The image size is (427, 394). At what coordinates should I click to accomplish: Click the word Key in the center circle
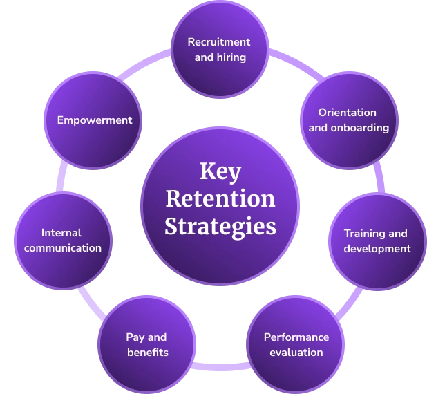220,171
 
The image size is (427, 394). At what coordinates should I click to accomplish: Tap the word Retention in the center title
220,198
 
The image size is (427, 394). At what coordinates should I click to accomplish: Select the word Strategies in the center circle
220,227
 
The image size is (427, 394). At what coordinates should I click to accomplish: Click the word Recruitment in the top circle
219,42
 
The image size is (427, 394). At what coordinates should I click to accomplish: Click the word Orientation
347,112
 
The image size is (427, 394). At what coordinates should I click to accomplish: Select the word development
377,248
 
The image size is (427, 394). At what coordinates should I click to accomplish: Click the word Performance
296,337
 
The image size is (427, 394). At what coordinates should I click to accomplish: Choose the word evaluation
296,352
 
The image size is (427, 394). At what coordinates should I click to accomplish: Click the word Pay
136,337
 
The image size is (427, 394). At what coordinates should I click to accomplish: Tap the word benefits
147,352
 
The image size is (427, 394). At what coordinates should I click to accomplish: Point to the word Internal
61,232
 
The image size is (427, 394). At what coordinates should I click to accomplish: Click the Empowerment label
94,120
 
